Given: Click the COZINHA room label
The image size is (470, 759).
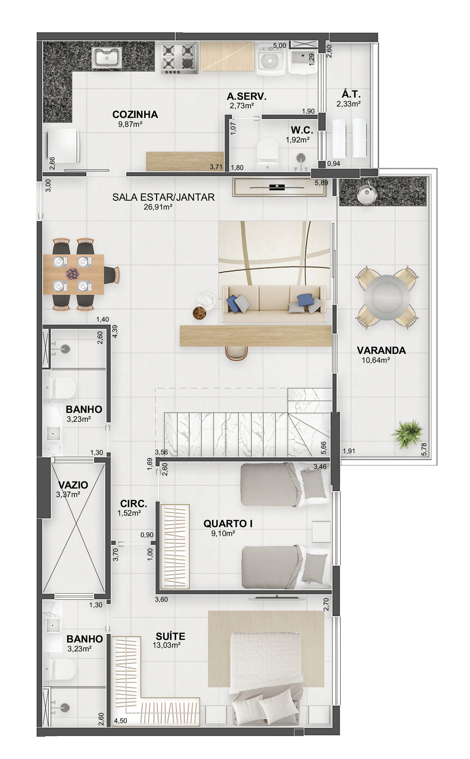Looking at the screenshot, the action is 135,114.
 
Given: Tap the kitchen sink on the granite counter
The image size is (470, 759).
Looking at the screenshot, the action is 106,57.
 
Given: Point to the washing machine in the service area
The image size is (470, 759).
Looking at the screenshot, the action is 271,60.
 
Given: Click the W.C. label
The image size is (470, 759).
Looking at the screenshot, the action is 302,130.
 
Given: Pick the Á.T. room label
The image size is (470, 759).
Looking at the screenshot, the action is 351,94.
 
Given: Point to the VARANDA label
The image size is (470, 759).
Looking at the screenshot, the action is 381,351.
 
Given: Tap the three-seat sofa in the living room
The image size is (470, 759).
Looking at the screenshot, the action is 274,304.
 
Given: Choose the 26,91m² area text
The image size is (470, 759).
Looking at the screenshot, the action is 158,207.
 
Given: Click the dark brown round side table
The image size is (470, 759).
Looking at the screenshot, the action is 200,313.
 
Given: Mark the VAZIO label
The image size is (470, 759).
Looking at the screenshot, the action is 73,485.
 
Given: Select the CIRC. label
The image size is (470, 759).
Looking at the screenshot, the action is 134,504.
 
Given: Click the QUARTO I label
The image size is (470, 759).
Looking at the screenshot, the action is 228,523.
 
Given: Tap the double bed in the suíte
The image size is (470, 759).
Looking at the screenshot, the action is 266,680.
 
